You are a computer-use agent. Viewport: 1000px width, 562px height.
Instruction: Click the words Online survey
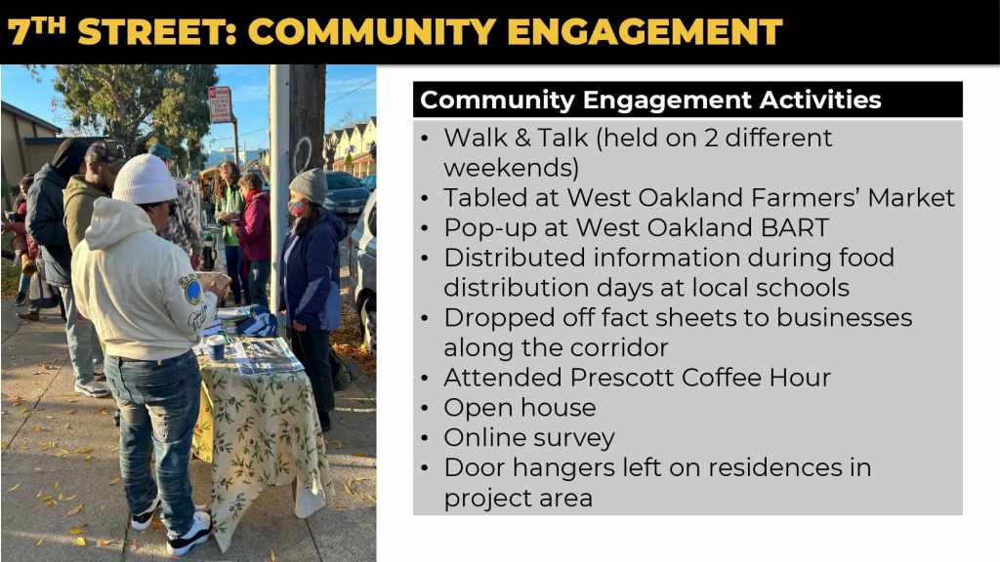(x=529, y=438)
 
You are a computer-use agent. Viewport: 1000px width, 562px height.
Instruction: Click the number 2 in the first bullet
(x=711, y=139)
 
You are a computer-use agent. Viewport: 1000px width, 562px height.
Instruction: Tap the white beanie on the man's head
(x=145, y=180)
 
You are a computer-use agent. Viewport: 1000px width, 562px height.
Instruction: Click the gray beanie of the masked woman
(x=310, y=185)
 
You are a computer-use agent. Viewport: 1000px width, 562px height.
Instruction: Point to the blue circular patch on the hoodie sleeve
(x=192, y=291)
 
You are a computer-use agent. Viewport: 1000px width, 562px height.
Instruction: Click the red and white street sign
(x=220, y=104)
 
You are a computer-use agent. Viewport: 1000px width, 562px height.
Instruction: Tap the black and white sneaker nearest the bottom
(x=188, y=534)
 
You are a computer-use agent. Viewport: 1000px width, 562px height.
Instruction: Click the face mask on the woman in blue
(x=297, y=208)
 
